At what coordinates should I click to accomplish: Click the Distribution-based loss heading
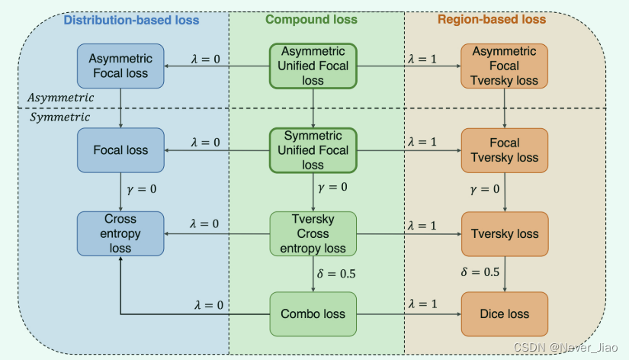tap(131, 20)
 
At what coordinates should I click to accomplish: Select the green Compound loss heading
tap(316, 20)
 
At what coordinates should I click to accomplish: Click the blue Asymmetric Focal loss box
tap(120, 66)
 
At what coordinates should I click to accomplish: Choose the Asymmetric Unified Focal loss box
tap(313, 66)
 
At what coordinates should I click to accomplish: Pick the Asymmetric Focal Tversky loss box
tap(505, 66)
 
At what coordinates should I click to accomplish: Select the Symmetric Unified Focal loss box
tap(313, 150)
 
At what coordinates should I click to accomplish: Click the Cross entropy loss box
tap(120, 233)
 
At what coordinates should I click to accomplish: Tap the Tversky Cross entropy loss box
tap(313, 233)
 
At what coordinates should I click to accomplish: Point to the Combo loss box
tap(313, 313)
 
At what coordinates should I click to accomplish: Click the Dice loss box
tap(505, 313)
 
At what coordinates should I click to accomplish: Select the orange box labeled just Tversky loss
tap(505, 234)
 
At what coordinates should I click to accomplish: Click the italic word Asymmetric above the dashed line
tap(61, 98)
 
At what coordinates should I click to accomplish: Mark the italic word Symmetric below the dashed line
tap(59, 117)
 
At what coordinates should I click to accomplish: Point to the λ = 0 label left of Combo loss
tap(207, 304)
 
